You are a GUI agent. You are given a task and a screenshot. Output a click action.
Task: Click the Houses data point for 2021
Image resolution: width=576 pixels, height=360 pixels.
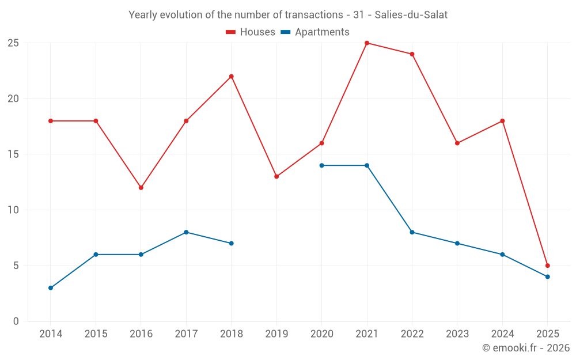pos(367,43)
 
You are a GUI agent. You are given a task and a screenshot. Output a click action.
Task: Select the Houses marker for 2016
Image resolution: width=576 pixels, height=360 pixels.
pos(141,188)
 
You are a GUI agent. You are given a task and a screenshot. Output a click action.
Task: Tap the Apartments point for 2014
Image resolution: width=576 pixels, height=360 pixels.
pos(51,288)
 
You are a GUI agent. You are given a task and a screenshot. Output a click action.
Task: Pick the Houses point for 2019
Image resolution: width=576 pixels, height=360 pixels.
pos(276,177)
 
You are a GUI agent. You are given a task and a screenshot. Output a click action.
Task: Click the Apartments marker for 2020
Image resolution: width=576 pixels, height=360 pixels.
pos(321,165)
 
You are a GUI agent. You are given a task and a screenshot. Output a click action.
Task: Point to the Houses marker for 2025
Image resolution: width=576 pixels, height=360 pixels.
pos(547,266)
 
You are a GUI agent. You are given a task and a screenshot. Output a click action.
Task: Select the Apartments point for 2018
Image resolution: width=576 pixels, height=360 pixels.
pos(231,244)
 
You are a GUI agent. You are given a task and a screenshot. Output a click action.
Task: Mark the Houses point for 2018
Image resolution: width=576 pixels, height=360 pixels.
pos(231,77)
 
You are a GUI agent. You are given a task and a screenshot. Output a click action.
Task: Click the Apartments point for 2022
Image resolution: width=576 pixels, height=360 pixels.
pos(412,232)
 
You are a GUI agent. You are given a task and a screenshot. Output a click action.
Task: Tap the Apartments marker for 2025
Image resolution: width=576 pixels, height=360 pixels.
pos(547,277)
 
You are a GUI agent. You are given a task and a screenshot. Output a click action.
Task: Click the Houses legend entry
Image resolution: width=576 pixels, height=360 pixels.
pos(251,32)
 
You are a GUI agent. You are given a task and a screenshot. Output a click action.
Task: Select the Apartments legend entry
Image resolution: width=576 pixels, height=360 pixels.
pos(315,32)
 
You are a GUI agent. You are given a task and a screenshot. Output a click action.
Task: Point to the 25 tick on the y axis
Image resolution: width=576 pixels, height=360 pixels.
pos(13,43)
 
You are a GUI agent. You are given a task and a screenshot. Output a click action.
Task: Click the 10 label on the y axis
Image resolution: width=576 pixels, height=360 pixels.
pos(13,210)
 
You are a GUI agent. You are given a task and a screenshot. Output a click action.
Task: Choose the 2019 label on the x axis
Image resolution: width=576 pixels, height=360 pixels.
pos(276,334)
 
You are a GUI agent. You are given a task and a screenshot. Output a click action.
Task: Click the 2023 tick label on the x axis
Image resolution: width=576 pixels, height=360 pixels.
pos(457,334)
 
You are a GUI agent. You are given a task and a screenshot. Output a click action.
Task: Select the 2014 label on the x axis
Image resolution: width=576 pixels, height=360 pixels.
pos(51,334)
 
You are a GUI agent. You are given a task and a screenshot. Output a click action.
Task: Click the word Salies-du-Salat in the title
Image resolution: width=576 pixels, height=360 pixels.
pos(411,15)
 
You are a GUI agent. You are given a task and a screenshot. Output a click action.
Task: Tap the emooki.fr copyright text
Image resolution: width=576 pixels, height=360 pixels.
pos(525,348)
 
